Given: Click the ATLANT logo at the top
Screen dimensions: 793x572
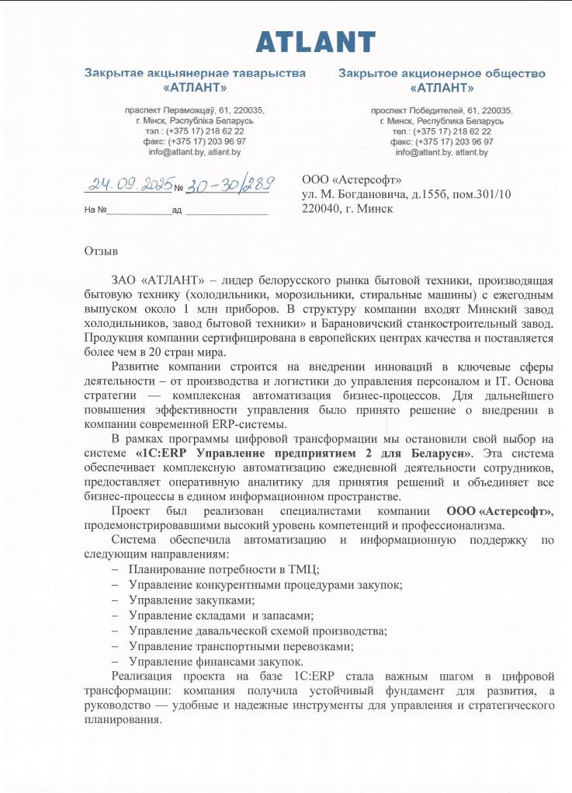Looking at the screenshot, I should [x=316, y=42].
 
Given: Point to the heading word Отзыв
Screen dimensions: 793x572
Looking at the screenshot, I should [x=101, y=251].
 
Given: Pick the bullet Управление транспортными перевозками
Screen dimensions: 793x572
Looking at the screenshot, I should [x=241, y=645].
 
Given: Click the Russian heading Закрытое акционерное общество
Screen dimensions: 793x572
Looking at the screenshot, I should [x=442, y=73].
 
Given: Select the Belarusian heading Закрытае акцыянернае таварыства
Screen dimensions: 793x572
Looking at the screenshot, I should [x=195, y=73].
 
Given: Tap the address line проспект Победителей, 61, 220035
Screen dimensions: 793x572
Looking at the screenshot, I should [x=441, y=110].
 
